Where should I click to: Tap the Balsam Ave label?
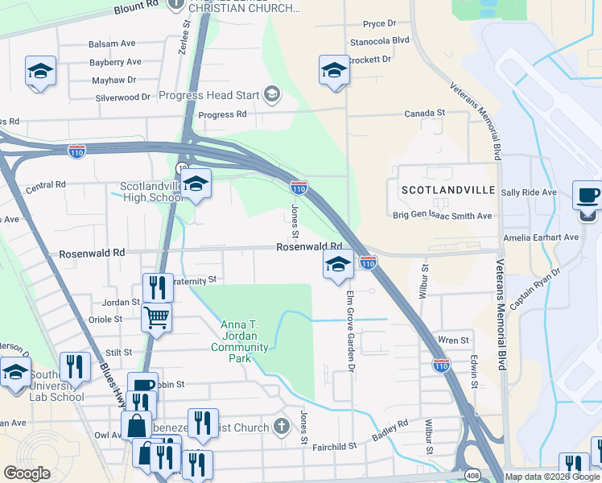tap(112, 43)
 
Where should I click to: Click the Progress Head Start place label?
tap(208, 95)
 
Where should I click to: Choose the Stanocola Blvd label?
tap(380, 40)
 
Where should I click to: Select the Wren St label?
tap(453, 341)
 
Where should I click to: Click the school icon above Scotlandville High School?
tap(196, 184)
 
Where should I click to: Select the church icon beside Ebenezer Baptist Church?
tap(281, 425)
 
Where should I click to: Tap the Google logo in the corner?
tap(27, 473)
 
